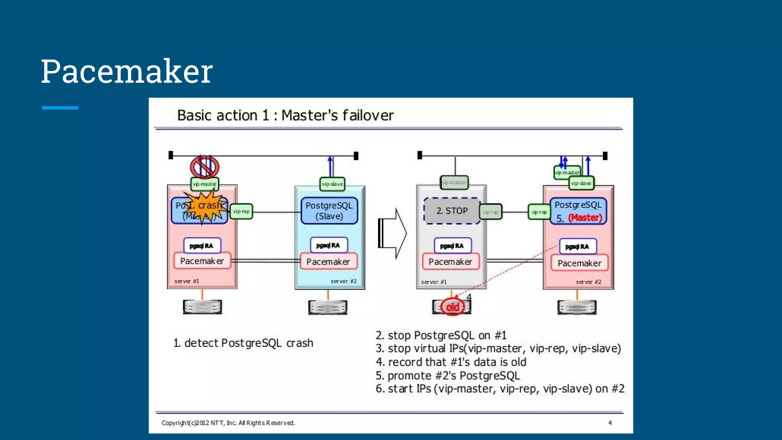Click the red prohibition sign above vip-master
[205, 167]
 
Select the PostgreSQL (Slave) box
[329, 210]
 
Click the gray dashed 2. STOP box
[452, 210]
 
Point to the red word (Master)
[585, 218]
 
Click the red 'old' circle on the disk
[452, 307]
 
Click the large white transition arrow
[393, 233]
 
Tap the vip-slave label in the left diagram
[332, 184]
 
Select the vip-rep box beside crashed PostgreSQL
[241, 211]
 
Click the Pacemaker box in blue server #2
[328, 262]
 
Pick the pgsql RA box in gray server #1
[452, 246]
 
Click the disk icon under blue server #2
[328, 307]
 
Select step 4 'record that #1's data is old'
[451, 362]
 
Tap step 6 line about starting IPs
[500, 389]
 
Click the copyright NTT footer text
[228, 423]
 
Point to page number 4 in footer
[610, 423]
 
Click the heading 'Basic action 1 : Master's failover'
[285, 115]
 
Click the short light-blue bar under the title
[60, 108]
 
